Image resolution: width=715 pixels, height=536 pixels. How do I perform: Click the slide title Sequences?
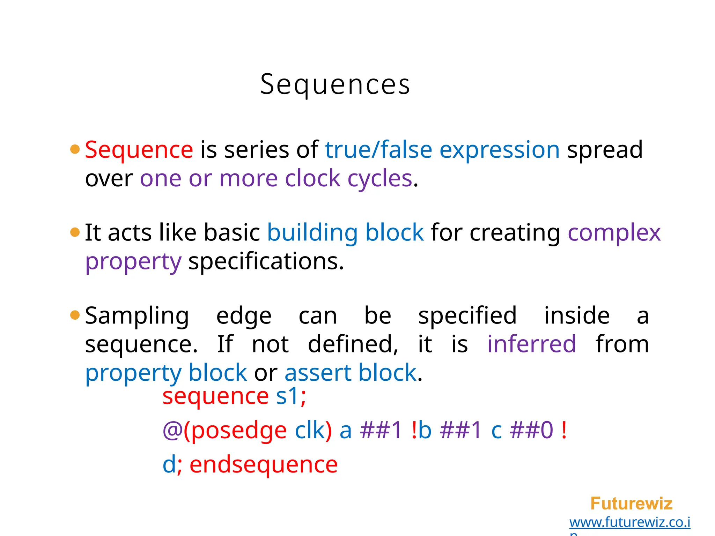(x=335, y=84)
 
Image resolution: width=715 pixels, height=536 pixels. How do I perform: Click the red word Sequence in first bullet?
(x=139, y=150)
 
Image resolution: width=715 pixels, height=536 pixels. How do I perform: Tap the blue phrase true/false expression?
(x=442, y=150)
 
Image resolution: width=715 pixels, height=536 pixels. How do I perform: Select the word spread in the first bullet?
(x=605, y=150)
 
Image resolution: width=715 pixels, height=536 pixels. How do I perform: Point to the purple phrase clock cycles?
(x=348, y=179)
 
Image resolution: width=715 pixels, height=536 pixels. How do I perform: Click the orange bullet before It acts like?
(x=75, y=232)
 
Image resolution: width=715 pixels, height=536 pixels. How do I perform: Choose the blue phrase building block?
(x=345, y=233)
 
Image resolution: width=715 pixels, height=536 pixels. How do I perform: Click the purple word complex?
(x=614, y=233)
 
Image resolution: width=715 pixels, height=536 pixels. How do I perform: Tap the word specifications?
(x=266, y=261)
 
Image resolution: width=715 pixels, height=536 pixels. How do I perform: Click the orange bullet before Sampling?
(x=75, y=315)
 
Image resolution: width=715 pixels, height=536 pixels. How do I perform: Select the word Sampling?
(x=137, y=316)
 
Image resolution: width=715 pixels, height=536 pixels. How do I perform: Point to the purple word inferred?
(x=531, y=344)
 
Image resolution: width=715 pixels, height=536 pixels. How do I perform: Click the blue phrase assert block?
(x=351, y=373)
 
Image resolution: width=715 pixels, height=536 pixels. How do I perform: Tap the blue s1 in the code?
(x=287, y=396)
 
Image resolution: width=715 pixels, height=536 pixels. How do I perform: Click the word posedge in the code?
(x=239, y=431)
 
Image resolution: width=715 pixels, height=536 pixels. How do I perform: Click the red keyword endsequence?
(x=264, y=465)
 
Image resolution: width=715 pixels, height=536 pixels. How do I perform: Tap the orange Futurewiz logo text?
(x=631, y=504)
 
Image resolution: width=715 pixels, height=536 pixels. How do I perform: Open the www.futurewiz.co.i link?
(x=629, y=522)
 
